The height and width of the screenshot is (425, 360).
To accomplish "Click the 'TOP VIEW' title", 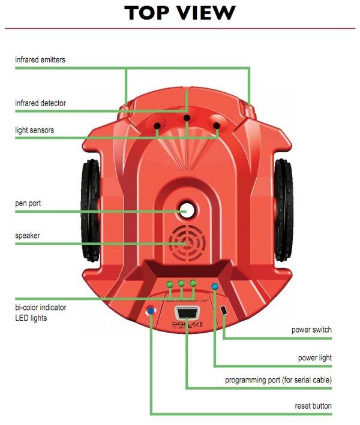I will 180,13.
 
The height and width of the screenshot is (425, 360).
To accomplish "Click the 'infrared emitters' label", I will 40,60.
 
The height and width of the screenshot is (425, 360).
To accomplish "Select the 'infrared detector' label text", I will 40,103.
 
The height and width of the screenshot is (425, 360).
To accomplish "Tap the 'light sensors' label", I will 35,130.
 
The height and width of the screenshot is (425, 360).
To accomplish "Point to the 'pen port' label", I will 28,204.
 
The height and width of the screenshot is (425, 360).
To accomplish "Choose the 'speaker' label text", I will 28,236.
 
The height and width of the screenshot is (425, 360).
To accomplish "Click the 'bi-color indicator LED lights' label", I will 40,312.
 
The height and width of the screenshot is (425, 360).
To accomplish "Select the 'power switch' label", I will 311,330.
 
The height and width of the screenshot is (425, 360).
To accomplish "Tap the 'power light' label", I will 315,358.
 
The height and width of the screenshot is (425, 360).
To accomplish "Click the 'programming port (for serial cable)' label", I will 278,380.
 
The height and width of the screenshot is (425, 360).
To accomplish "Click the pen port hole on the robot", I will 187,210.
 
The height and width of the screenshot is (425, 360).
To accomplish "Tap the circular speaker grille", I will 187,243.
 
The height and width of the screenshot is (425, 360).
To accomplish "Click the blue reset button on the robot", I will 150,311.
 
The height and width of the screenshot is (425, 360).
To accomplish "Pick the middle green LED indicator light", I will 181,283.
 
